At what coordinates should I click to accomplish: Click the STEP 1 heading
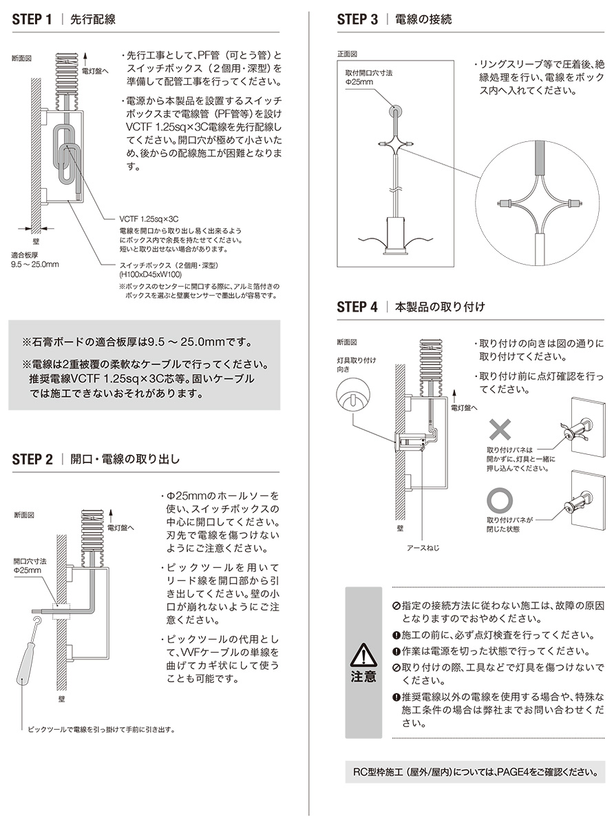click(32, 19)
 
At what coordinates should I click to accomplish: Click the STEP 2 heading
click(32, 460)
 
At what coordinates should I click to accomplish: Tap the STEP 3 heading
click(357, 19)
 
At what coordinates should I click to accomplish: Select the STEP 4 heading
click(357, 307)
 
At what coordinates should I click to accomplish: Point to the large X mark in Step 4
click(501, 431)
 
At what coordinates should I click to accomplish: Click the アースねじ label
click(422, 549)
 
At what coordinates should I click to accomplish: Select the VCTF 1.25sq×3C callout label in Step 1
click(143, 217)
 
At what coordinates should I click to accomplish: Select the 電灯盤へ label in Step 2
click(123, 529)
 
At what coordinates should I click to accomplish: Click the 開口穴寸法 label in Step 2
click(29, 566)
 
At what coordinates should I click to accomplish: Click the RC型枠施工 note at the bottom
click(476, 772)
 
